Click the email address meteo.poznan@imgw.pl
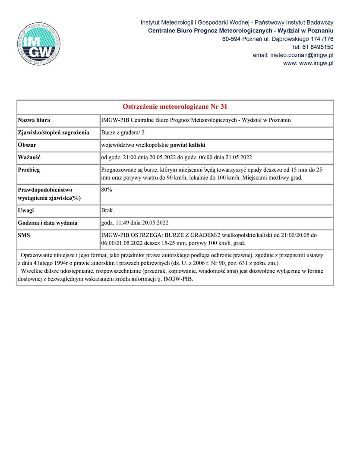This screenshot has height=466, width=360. coord(301,55)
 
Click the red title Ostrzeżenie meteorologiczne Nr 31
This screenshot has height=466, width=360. coord(175,107)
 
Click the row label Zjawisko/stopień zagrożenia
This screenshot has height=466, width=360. coord(53,132)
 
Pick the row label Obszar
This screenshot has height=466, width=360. coord(27,145)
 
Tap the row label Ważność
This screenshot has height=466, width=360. coord(29,157)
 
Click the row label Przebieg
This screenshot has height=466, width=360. coord(29,170)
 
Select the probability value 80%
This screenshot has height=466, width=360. coord(107,189)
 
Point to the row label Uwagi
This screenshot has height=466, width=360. coord(26,211)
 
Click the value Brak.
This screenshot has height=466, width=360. coord(107,211)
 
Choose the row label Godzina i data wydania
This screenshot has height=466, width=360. coord(47,223)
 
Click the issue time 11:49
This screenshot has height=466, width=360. coord(122,223)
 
